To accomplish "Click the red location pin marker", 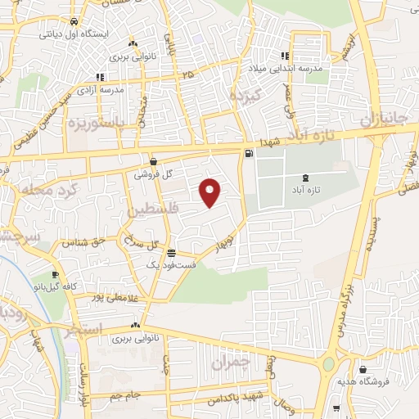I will point(210,192).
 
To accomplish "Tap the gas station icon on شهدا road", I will point(248,153).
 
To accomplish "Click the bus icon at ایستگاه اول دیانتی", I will point(74,22).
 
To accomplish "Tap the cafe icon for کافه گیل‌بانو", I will point(55,275).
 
